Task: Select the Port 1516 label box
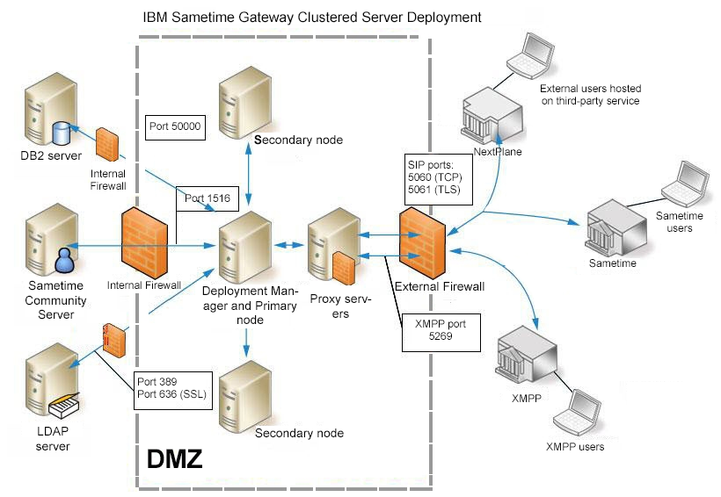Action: (x=208, y=199)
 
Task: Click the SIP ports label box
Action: (x=437, y=176)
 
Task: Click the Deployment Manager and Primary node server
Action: (x=244, y=245)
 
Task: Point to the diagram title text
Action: (x=311, y=17)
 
